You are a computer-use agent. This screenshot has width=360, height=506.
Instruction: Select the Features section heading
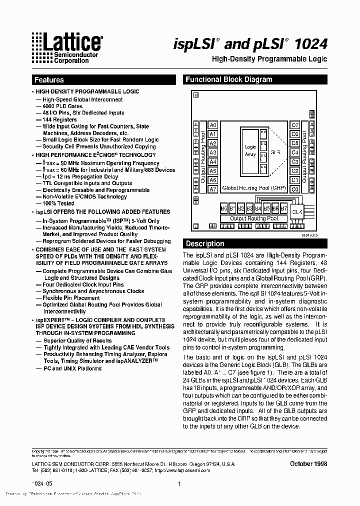[49, 80]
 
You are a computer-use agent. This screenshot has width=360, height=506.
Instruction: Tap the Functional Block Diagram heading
[228, 79]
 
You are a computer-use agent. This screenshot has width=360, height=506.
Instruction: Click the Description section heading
[205, 244]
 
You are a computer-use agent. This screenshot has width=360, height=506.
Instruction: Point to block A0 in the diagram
[213, 125]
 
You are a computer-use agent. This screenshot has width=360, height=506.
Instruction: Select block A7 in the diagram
[213, 189]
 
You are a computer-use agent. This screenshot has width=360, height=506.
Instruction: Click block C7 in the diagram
[295, 125]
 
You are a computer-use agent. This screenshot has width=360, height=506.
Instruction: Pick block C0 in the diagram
[295, 189]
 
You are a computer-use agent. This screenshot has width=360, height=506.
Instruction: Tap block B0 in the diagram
[224, 208]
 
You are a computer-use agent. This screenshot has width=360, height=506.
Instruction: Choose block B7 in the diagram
[283, 208]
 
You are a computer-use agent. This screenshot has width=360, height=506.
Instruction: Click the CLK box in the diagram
[296, 212]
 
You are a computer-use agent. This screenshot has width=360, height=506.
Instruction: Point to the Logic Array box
[250, 150]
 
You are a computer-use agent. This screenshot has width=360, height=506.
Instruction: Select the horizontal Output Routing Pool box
[254, 218]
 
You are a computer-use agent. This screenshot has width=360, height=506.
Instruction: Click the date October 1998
[308, 463]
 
